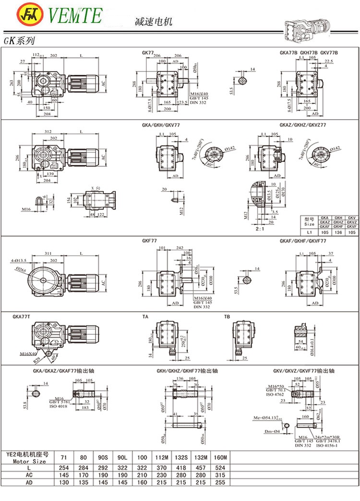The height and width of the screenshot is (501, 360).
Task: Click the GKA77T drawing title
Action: pos(23,317)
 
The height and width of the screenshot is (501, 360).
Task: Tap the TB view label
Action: pos(228,317)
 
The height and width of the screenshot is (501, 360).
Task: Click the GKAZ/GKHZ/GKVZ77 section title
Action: pos(303,125)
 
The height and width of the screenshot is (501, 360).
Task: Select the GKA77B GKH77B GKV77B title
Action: pos(309,52)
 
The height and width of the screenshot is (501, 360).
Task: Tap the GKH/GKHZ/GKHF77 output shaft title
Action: pos(187,371)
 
